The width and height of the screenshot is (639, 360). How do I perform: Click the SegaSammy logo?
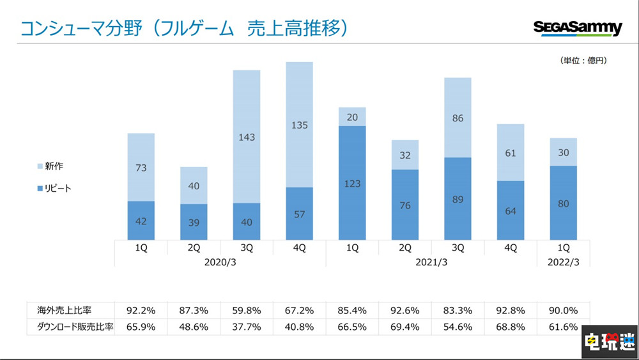(578, 29)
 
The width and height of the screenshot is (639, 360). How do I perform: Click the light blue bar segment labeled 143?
(247, 136)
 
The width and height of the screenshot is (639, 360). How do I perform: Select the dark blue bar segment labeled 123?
(352, 183)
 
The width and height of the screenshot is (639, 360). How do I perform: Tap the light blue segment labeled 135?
(300, 125)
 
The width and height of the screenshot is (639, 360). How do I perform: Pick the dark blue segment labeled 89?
(458, 199)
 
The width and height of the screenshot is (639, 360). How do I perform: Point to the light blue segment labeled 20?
(352, 116)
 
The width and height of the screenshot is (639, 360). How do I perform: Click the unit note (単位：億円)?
(583, 61)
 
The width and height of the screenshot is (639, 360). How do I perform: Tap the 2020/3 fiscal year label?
(220, 262)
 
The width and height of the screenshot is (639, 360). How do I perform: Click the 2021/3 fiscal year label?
(431, 262)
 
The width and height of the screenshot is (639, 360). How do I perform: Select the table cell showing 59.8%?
(247, 310)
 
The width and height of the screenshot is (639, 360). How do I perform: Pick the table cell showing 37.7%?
(247, 326)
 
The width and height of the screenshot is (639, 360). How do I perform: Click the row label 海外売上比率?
(64, 310)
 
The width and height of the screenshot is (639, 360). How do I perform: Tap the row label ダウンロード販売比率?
(70, 326)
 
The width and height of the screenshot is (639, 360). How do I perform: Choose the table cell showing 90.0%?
(563, 310)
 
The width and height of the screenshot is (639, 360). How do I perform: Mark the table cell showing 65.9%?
(141, 326)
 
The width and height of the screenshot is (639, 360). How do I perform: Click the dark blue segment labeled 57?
(300, 214)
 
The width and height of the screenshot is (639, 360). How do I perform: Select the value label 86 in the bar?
(458, 118)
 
